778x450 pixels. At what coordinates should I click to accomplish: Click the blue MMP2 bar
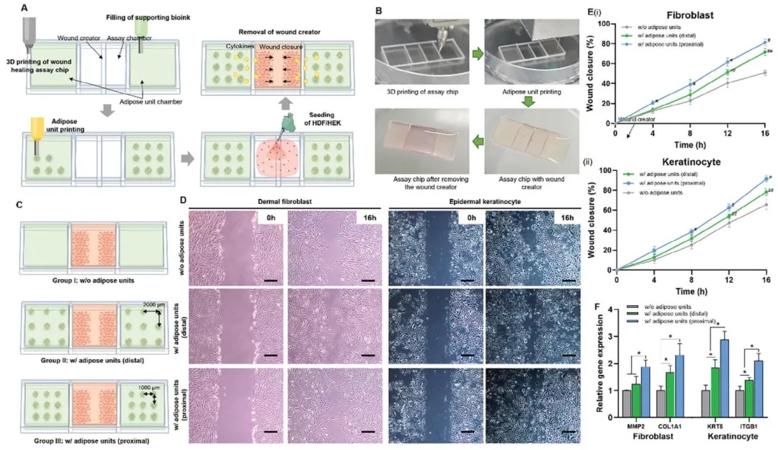[x=646, y=392]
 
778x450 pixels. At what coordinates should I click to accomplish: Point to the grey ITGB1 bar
[x=739, y=404]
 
